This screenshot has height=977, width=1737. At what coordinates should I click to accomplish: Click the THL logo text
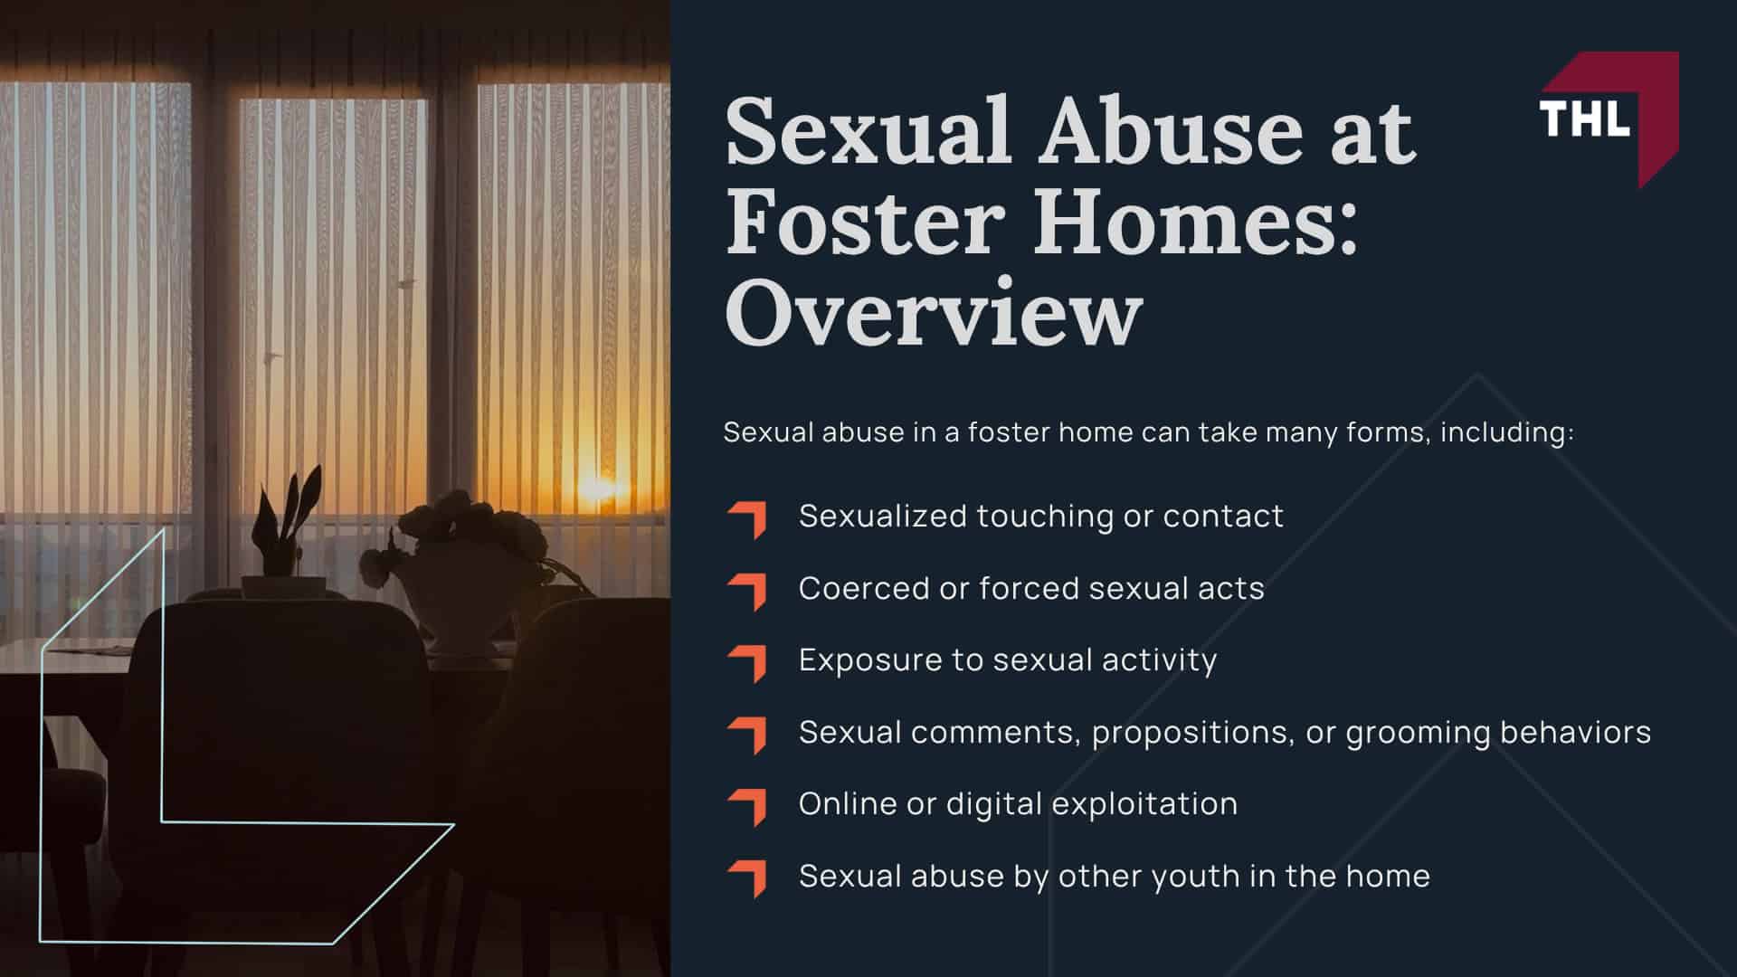pyautogui.click(x=1584, y=118)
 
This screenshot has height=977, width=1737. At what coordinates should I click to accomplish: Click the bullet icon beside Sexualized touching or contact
pyautogui.click(x=748, y=519)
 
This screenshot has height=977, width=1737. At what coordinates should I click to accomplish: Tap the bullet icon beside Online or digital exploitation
pyautogui.click(x=748, y=807)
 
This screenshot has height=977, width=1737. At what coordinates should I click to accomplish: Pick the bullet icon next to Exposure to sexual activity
pyautogui.click(x=748, y=663)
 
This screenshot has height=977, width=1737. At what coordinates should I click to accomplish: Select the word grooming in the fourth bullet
pyautogui.click(x=1417, y=733)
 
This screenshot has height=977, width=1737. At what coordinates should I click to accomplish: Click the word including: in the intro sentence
pyautogui.click(x=1506, y=432)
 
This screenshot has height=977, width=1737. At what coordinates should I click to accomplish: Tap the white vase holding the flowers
pyautogui.click(x=457, y=606)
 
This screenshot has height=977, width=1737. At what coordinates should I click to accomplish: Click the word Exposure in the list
pyautogui.click(x=868, y=660)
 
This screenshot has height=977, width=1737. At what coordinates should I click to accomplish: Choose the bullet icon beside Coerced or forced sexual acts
pyautogui.click(x=748, y=591)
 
